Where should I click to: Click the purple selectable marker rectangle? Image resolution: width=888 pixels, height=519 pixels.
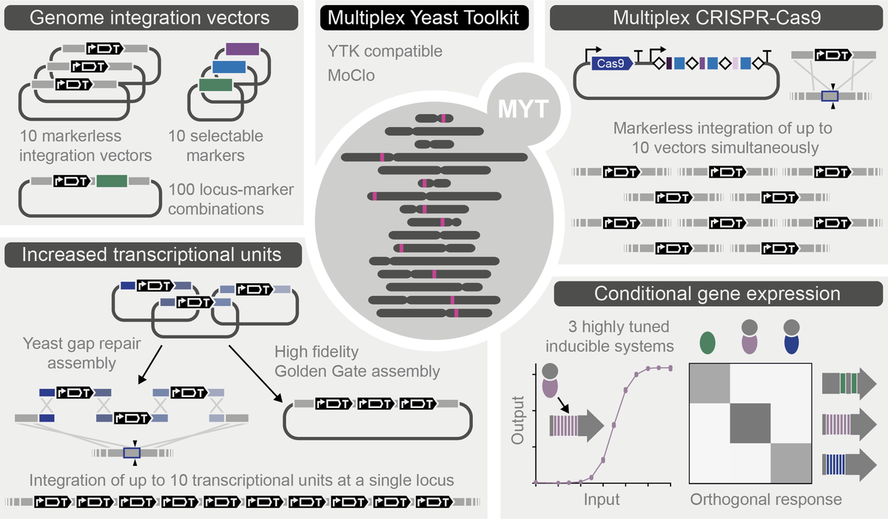(241, 49)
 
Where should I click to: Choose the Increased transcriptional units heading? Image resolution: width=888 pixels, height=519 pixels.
(151, 254)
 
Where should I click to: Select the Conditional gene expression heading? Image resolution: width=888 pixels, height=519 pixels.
(717, 294)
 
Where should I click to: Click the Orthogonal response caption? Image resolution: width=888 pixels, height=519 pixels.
(765, 500)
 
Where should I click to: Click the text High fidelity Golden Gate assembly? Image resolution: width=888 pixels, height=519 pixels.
(357, 360)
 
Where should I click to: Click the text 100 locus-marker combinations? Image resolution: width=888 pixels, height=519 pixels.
(231, 200)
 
